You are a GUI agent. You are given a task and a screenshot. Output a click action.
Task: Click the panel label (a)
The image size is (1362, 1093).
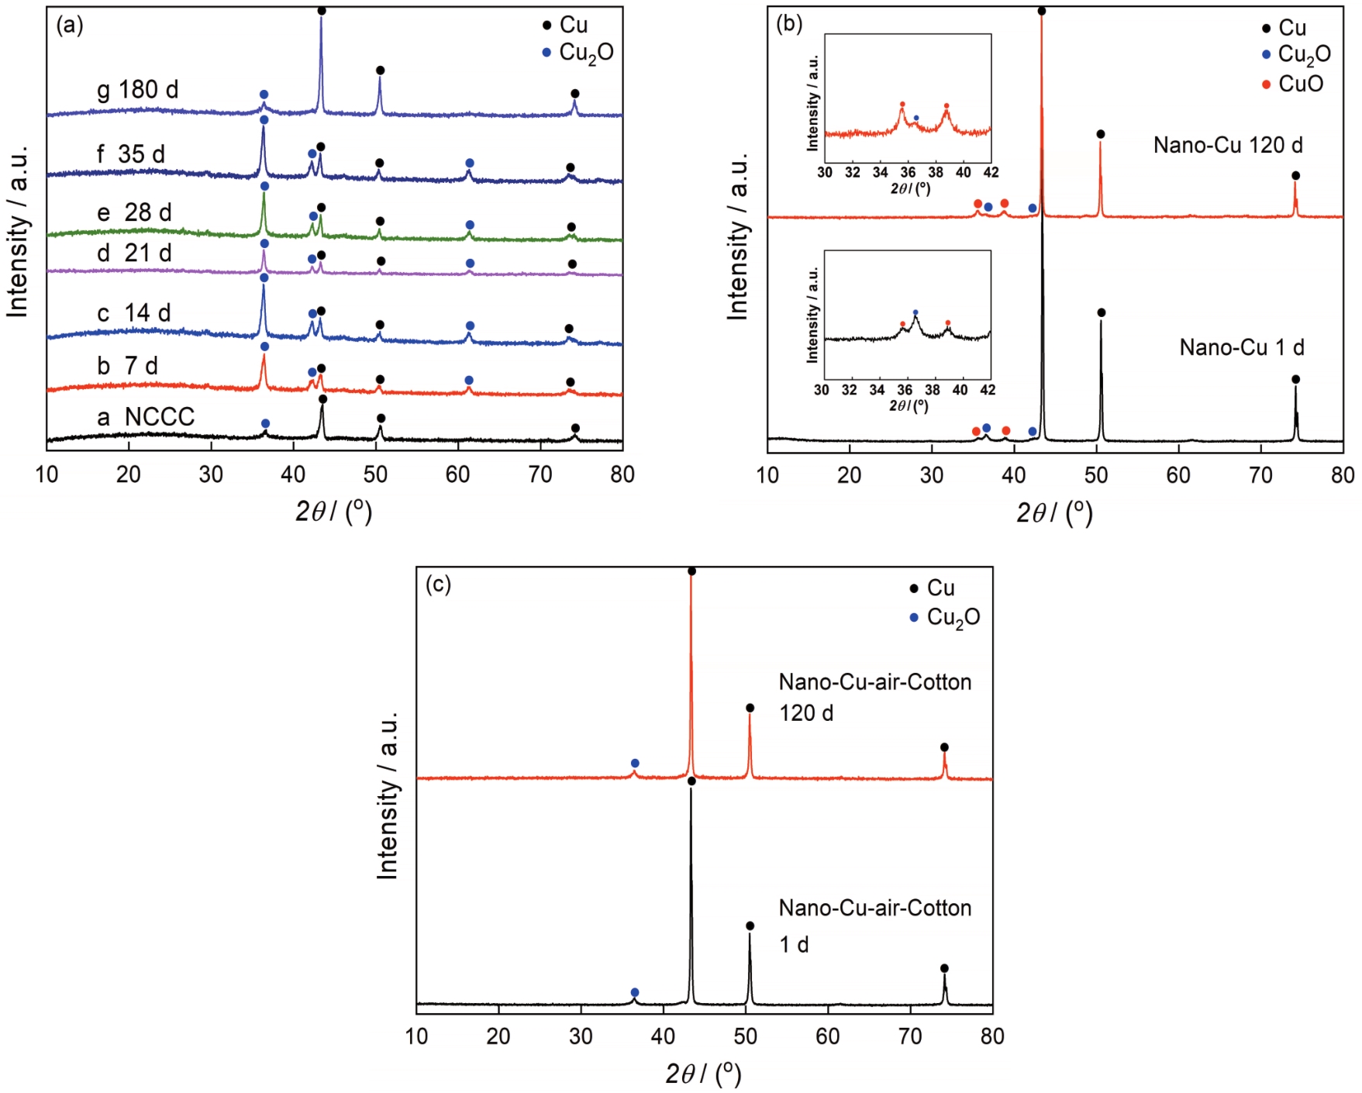click(x=70, y=26)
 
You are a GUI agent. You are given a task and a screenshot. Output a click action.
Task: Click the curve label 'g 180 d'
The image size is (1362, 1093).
click(x=137, y=90)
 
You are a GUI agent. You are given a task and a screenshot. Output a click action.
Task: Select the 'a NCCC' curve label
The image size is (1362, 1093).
click(x=145, y=417)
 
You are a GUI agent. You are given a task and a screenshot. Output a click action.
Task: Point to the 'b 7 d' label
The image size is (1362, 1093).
click(x=127, y=365)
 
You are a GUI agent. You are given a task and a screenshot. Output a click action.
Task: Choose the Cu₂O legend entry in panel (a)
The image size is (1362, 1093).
click(x=578, y=53)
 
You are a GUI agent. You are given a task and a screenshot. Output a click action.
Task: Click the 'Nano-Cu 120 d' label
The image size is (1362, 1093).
click(x=1227, y=145)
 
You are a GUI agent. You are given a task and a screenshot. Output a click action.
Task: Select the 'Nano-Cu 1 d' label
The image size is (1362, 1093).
click(x=1241, y=347)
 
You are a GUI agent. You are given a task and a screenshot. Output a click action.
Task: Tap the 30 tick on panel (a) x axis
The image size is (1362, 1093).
click(x=211, y=474)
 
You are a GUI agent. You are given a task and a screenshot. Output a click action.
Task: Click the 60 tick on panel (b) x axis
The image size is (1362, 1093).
click(x=1178, y=475)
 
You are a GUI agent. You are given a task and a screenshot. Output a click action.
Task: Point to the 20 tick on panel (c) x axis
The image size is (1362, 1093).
click(x=498, y=1036)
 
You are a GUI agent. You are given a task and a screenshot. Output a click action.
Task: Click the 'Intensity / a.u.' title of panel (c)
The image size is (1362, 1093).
click(x=387, y=795)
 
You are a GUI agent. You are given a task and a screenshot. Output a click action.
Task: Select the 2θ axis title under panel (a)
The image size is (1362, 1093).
click(x=333, y=511)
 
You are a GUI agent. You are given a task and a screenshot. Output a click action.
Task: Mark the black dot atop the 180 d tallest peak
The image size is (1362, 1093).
click(x=322, y=10)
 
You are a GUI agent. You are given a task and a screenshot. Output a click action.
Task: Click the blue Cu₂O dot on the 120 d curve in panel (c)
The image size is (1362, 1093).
click(x=635, y=764)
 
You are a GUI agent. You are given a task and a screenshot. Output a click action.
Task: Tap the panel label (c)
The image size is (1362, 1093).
click(x=438, y=584)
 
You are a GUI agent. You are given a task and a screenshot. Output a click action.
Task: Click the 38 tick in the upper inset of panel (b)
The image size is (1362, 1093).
click(x=936, y=172)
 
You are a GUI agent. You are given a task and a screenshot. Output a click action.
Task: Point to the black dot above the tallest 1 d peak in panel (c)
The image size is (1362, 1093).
click(x=691, y=781)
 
